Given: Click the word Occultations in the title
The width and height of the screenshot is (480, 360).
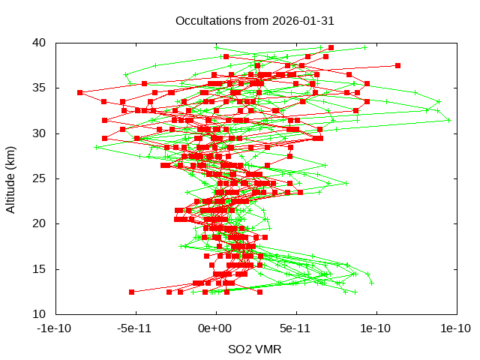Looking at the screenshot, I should (x=205, y=20).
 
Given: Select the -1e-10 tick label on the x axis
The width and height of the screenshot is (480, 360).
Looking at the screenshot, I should (x=55, y=328).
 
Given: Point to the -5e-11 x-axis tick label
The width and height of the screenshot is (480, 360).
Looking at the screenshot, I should (x=135, y=328).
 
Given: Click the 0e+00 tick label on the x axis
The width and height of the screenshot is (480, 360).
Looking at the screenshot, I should (x=216, y=328).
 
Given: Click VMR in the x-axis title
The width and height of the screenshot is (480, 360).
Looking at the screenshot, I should (x=268, y=349).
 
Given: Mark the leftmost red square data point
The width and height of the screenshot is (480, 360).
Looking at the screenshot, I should (x=79, y=92).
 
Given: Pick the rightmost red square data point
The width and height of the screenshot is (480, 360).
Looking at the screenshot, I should (x=397, y=65).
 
